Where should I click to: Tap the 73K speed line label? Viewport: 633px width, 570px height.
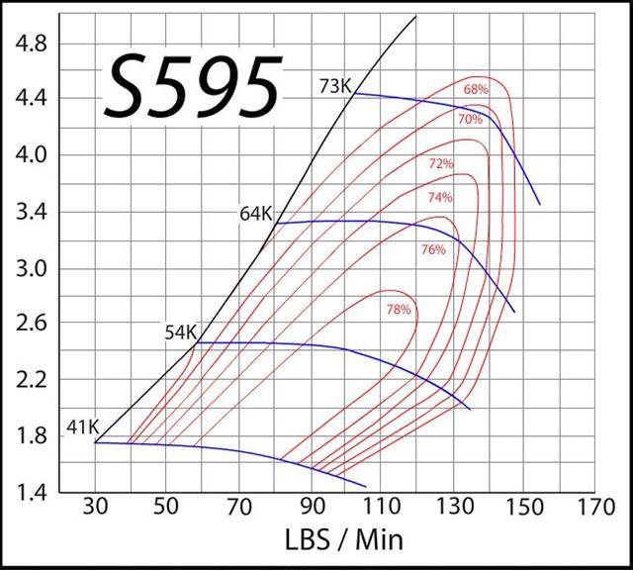point(335,86)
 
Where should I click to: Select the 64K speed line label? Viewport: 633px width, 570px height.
point(256,213)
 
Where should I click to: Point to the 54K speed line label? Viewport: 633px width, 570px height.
point(181,332)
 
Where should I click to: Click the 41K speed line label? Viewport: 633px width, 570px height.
point(82,427)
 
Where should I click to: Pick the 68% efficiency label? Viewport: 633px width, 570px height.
point(476,89)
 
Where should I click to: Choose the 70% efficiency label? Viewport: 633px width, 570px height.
point(470,120)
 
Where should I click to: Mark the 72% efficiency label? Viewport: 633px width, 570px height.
point(441,163)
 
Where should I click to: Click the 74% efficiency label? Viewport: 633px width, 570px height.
point(439,198)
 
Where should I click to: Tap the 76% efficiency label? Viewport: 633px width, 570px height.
point(433,250)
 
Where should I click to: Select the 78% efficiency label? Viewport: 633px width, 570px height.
point(398,310)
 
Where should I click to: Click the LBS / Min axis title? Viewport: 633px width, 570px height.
point(344,541)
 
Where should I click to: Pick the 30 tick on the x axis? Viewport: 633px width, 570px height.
point(95,510)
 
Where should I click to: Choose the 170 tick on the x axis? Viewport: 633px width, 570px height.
point(594,510)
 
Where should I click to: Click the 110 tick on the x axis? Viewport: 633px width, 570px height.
point(381,510)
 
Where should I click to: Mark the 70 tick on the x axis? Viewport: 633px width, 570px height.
point(238,510)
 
